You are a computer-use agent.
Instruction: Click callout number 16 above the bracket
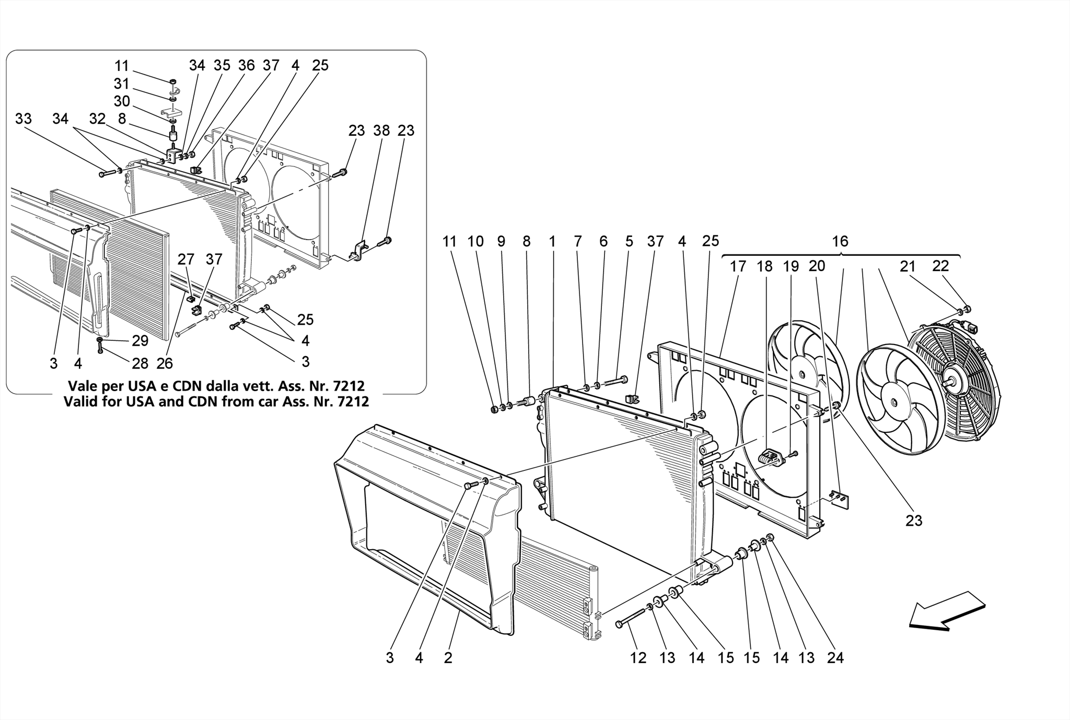[840, 241]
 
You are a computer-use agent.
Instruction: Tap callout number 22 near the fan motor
[940, 266]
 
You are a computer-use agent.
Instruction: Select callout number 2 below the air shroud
[448, 658]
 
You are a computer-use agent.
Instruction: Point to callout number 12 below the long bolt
[638, 658]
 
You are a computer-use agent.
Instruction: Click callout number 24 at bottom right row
[835, 658]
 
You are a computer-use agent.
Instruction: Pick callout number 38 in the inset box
[381, 131]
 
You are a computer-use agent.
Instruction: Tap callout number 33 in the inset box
[23, 119]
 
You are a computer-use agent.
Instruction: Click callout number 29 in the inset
[140, 340]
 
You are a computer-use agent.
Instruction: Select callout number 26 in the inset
[164, 363]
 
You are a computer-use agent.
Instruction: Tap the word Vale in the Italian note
[82, 386]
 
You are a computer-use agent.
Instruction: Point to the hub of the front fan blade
[894, 403]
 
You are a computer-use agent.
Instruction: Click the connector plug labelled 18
[771, 458]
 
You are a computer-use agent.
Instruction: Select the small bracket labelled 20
[839, 500]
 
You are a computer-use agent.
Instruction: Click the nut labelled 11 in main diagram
[494, 409]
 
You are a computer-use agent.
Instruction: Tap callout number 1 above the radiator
[552, 241]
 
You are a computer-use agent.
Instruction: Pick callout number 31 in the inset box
[121, 84]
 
